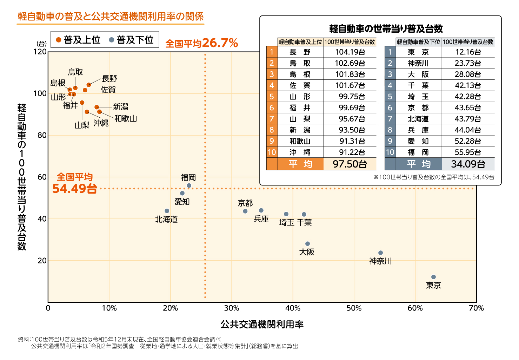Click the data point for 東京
(433, 277)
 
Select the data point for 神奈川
(380, 253)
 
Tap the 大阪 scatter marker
(307, 244)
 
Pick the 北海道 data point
(167, 211)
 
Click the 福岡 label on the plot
(188, 177)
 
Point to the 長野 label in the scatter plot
(109, 78)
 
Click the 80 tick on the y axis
(42, 135)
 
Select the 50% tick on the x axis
(354, 308)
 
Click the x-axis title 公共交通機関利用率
(262, 324)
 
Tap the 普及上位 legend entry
(79, 40)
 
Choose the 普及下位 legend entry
(132, 40)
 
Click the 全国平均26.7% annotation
(201, 43)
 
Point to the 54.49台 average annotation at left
(74, 189)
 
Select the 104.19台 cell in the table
(350, 52)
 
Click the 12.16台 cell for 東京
(468, 52)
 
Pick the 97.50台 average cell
(350, 164)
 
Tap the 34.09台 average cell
(468, 164)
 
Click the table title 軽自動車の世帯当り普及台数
(386, 28)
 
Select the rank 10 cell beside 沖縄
(272, 152)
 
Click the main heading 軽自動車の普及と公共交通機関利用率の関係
(111, 17)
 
